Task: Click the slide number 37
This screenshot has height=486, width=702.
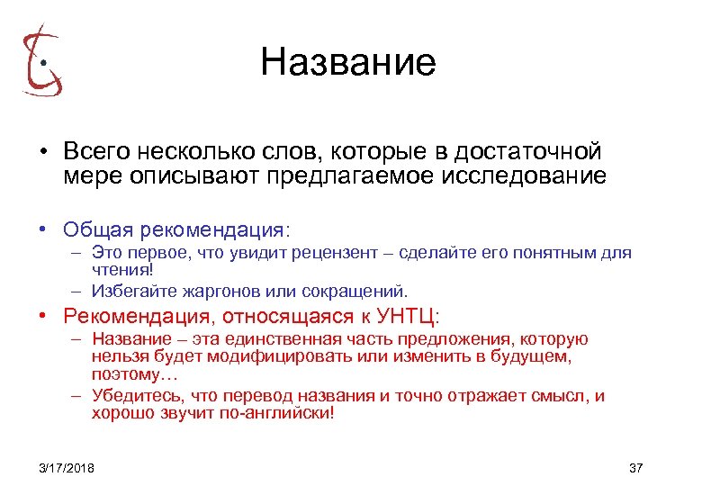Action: tap(636, 468)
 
